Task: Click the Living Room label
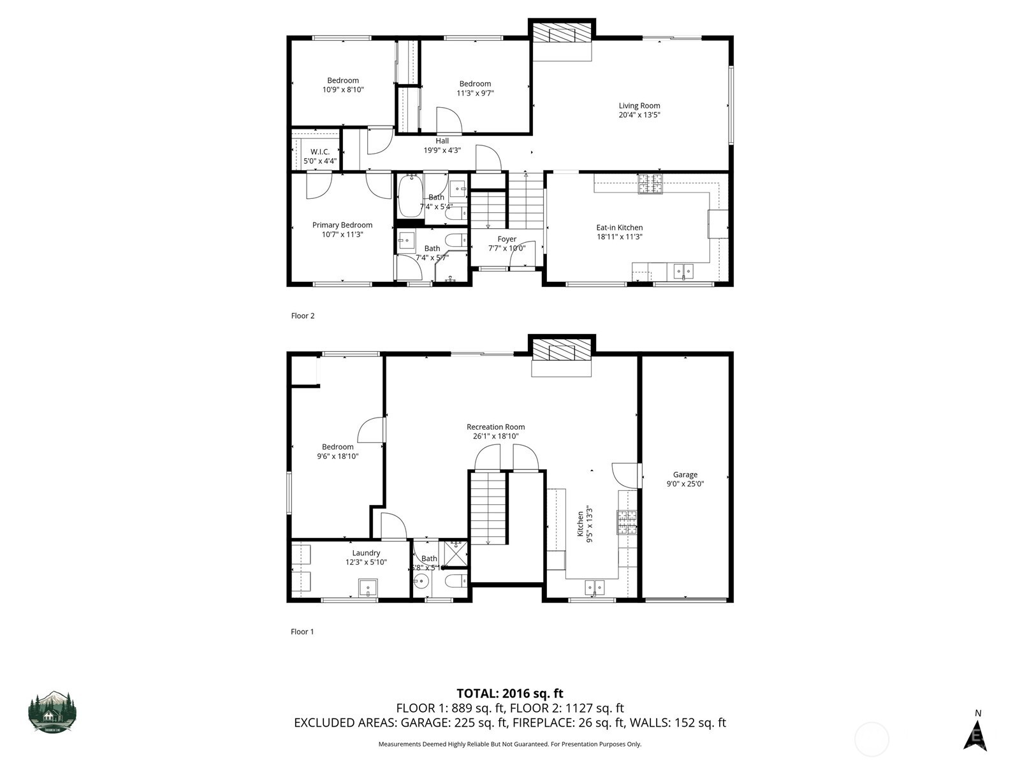[639, 106]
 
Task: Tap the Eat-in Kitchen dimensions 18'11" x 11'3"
[619, 237]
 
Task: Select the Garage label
[685, 474]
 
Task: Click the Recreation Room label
[495, 427]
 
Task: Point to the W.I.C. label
[319, 152]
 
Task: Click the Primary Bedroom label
[342, 225]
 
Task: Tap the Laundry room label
[366, 553]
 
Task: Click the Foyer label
[507, 239]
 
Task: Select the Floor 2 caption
[303, 316]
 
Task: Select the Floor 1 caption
[302, 632]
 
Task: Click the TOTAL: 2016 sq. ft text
[509, 693]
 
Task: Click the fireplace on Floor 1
[562, 350]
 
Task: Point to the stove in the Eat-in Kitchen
[650, 184]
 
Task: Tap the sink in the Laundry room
[368, 587]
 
